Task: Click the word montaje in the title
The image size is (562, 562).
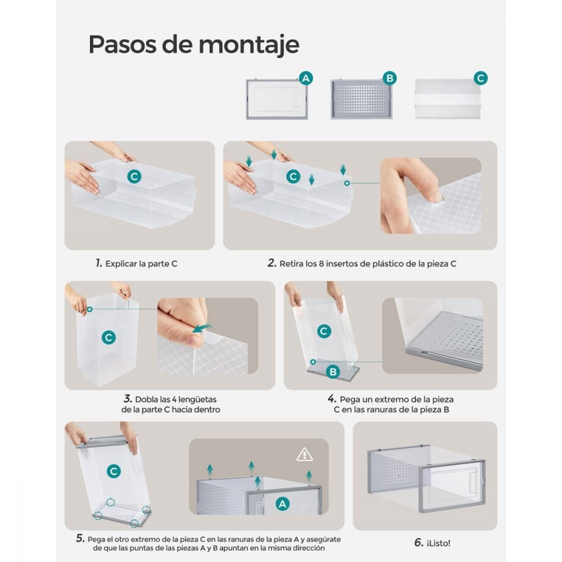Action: click(x=249, y=46)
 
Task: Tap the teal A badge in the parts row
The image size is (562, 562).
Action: click(x=306, y=78)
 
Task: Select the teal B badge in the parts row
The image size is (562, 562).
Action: click(x=389, y=78)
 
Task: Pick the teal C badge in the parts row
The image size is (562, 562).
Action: click(x=481, y=78)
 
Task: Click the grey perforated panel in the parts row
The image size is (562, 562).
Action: click(x=361, y=99)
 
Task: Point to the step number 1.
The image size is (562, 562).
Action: click(x=99, y=263)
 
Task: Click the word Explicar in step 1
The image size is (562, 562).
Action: click(x=121, y=264)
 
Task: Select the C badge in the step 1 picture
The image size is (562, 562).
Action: click(x=134, y=176)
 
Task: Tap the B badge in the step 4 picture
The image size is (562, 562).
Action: click(x=333, y=371)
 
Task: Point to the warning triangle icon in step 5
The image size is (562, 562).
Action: click(x=305, y=455)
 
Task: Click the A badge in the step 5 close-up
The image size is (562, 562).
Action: click(x=283, y=504)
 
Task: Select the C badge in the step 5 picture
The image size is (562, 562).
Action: click(x=114, y=471)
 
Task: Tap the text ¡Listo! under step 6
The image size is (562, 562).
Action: click(x=438, y=543)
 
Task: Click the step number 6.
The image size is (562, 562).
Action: click(x=419, y=543)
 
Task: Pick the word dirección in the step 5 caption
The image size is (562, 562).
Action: click(x=309, y=548)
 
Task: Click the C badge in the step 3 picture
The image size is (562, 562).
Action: click(x=108, y=337)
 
